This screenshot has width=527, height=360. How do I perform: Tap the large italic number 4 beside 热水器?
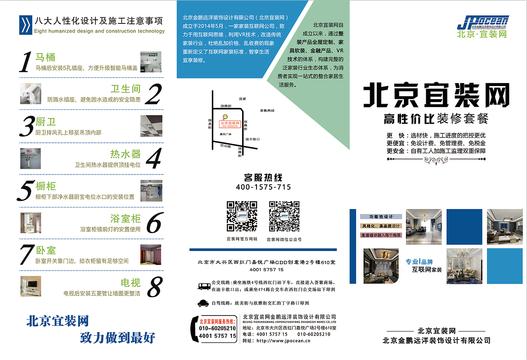153,158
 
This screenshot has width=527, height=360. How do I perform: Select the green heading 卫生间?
126,89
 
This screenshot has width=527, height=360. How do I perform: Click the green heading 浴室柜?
125,218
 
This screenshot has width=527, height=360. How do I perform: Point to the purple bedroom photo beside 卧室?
151,254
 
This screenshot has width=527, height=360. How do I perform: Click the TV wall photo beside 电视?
31,286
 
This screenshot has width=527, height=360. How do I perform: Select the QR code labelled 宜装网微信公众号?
284,216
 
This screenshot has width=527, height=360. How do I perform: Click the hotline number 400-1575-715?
263,187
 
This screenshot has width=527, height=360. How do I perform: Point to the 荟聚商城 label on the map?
267,111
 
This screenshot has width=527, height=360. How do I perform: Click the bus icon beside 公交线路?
204,286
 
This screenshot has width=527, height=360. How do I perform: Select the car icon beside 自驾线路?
203,304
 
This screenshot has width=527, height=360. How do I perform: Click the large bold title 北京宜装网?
436,95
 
